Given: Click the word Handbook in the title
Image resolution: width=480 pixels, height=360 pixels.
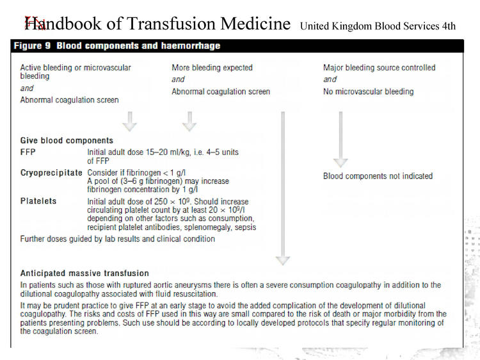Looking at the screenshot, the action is coord(63,23).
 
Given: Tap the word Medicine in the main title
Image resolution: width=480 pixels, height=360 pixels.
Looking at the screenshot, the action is coord(255,23).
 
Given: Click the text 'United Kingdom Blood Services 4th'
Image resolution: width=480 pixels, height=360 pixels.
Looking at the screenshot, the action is coord(378,26).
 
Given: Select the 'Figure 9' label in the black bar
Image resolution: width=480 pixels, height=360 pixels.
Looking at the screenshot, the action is coord(32,46).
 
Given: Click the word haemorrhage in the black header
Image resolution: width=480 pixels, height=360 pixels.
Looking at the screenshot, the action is coord(191,46).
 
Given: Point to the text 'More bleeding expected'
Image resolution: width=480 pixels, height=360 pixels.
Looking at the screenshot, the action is coord(212,68).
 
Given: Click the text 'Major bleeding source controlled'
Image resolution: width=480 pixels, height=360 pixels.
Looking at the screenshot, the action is coord(380,68).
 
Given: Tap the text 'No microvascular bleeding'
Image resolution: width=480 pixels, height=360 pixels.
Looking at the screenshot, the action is coord(369,92).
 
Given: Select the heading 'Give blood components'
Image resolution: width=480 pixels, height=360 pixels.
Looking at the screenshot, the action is coord(67,141).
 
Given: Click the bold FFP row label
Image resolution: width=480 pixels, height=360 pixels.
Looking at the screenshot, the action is coord(28,152).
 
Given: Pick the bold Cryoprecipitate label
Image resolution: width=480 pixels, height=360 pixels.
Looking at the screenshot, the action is coord(51,173).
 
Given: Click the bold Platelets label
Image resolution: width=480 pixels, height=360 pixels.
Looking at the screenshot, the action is coord(38,201).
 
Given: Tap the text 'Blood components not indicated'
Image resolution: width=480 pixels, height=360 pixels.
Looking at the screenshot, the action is coord(378,176).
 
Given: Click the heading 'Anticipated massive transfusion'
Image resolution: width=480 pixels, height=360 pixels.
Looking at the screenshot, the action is coord(84,274).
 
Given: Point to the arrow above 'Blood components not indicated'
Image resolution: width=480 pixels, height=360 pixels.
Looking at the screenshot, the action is coord(340,140).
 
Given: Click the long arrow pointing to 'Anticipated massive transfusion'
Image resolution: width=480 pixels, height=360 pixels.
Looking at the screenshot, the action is coord(283,188).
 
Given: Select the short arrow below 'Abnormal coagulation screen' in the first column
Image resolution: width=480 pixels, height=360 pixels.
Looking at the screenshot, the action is coord(130,122).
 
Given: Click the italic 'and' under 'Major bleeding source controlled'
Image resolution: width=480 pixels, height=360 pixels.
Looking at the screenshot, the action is coord(330,79).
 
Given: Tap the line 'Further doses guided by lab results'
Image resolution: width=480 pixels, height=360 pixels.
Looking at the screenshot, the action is coord(118,239).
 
